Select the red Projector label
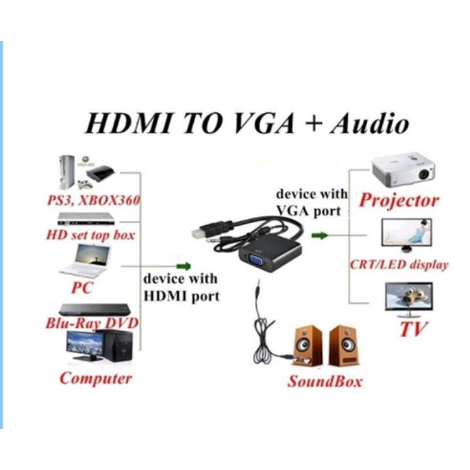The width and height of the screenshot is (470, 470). pyautogui.click(x=399, y=200)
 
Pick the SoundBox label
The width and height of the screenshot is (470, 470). pyautogui.click(x=324, y=381)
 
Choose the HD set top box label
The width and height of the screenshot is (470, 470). pyautogui.click(x=90, y=236)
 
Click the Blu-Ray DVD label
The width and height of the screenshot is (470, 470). pyautogui.click(x=92, y=323)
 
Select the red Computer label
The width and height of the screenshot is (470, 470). pyautogui.click(x=96, y=378)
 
